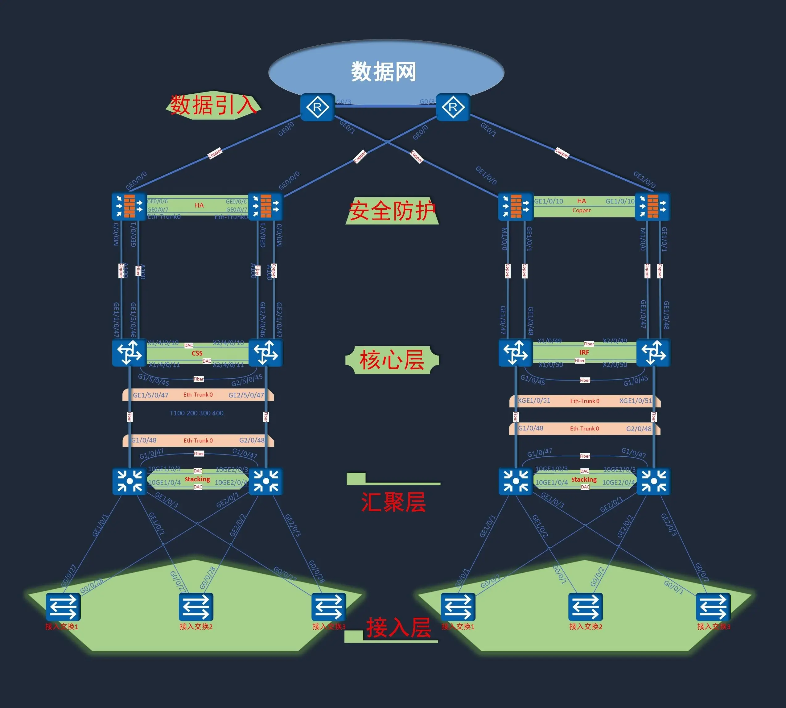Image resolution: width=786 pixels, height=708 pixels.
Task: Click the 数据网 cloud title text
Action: point(384,72)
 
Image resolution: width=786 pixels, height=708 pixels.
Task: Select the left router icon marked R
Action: point(317,107)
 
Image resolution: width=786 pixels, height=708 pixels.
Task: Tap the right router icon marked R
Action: point(453,107)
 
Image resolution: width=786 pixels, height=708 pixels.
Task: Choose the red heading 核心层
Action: point(392,360)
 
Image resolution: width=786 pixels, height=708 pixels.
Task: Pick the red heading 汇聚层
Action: point(393,502)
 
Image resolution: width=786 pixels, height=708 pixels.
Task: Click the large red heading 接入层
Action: point(399,628)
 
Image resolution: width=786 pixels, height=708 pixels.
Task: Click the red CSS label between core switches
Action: point(197,353)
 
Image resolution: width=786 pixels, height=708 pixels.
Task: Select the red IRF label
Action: point(584,352)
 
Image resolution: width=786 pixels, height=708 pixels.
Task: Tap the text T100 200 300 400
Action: point(196,413)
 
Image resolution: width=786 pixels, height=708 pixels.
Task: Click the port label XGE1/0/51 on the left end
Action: point(534,400)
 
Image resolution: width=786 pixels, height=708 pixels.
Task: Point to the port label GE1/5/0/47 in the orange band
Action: point(150,395)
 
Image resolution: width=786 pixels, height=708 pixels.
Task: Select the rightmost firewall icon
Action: point(652,207)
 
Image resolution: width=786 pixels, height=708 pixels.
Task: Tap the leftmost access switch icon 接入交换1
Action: point(63,607)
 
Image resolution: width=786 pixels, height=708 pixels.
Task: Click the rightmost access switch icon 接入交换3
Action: point(713,607)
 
